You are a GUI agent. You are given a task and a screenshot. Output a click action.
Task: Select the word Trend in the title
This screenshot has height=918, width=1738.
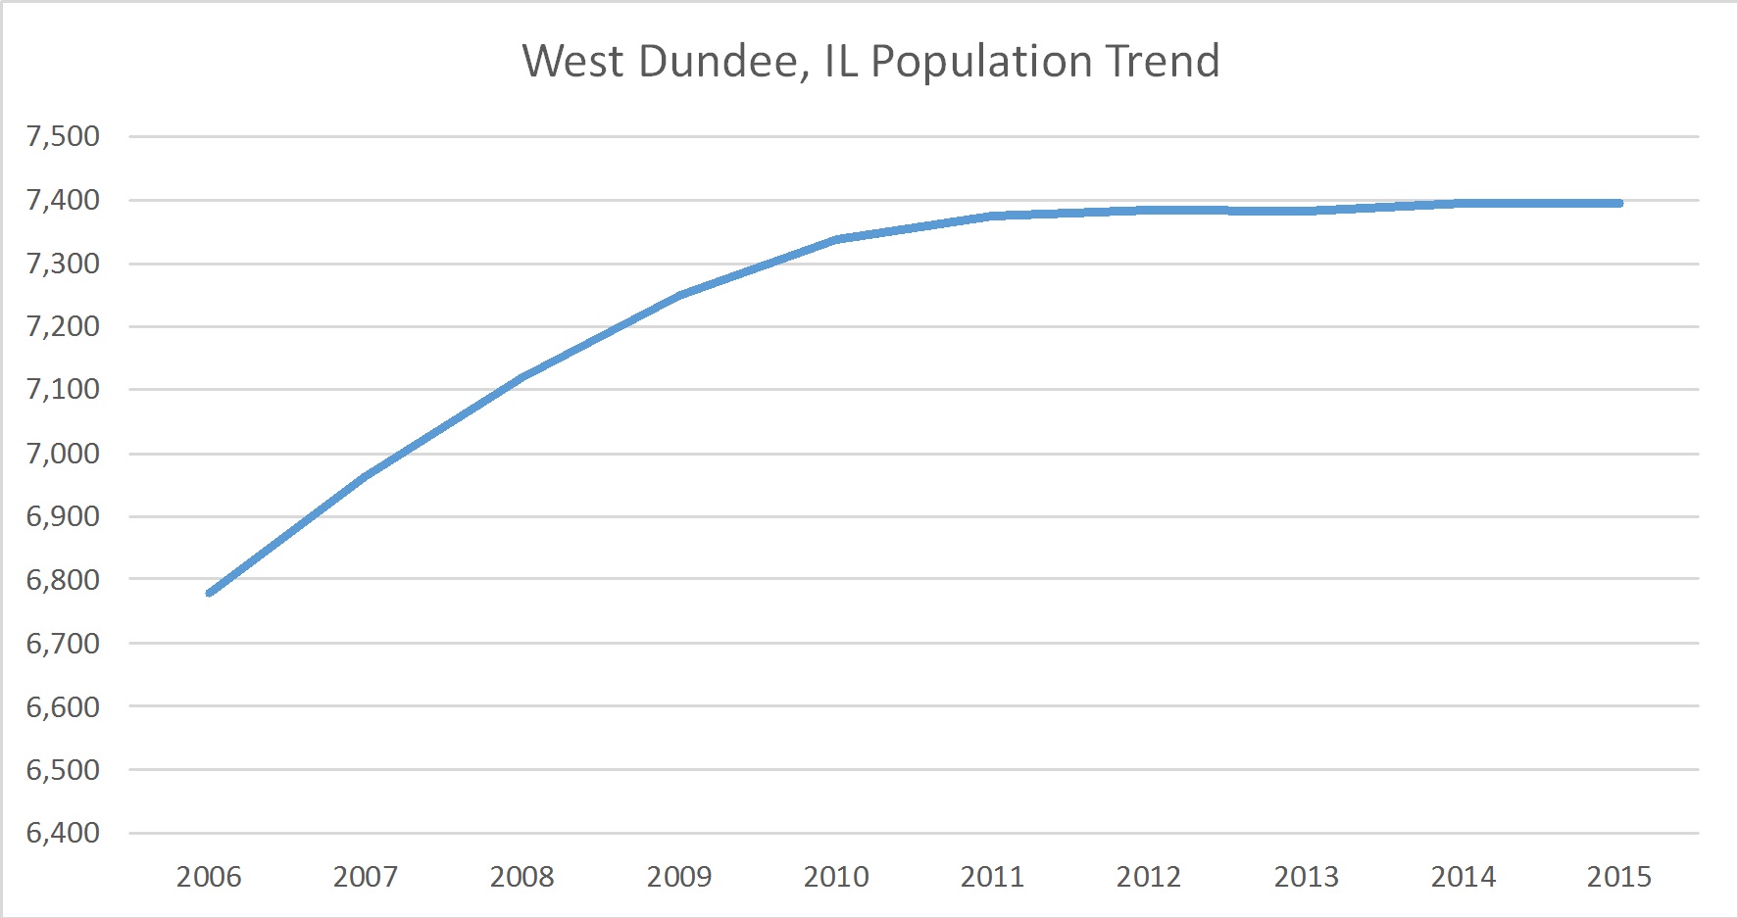point(1163,62)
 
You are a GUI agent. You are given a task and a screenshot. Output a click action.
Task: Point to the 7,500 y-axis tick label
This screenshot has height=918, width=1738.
point(64,136)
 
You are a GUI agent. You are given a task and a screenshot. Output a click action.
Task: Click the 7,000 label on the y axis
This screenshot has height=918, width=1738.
point(64,454)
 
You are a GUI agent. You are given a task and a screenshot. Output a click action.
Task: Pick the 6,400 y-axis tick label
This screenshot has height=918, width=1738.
point(64,833)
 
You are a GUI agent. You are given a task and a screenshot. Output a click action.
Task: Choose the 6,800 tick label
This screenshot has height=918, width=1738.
point(64,580)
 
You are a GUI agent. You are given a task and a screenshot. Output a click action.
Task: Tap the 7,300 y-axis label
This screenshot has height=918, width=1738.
point(64,264)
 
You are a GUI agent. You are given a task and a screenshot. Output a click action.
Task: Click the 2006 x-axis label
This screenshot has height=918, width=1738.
point(209,877)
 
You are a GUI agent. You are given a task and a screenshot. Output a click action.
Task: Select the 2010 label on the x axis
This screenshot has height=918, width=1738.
point(836,877)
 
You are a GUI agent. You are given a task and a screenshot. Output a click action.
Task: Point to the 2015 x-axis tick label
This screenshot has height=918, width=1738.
point(1619,877)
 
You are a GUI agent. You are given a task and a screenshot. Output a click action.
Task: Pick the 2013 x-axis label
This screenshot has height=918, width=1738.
point(1306,877)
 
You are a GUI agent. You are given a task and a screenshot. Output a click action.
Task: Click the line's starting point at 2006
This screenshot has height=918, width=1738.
point(210,593)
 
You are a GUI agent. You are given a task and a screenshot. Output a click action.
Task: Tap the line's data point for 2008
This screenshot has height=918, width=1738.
point(522,377)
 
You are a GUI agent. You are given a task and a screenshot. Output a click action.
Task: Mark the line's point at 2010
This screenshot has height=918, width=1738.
point(836,239)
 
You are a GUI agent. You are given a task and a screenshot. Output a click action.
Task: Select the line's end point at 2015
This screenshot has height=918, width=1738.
point(1619,203)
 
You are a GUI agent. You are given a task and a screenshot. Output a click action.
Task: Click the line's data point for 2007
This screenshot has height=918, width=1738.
point(366,477)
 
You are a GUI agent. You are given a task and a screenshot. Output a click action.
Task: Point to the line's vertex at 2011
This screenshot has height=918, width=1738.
point(993,216)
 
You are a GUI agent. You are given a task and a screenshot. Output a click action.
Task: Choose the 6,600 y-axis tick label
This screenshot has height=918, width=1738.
point(64,706)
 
